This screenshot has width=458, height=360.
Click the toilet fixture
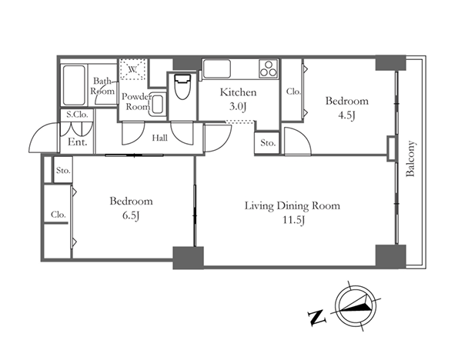point(182,86)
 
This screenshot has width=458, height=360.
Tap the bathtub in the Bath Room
point(74,85)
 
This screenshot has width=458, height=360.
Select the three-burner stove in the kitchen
point(269,68)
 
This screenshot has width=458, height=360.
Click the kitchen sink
point(217,68)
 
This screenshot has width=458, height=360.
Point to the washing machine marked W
point(133,69)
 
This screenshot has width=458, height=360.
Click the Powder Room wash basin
point(158,105)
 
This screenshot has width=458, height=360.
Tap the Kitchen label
point(238,92)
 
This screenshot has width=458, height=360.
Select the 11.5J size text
point(293,220)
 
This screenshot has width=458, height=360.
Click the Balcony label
point(410,158)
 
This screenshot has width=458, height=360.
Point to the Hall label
point(160,138)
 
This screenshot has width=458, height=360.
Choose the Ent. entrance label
point(78,142)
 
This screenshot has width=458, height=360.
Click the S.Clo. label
point(77,115)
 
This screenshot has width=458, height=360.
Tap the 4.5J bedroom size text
point(346,116)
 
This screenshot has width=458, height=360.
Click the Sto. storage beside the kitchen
point(268,143)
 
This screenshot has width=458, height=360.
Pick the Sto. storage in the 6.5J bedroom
point(63,170)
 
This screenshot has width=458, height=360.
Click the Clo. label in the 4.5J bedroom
point(293,92)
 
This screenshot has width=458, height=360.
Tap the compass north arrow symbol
point(356,306)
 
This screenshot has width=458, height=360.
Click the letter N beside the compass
point(317,318)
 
